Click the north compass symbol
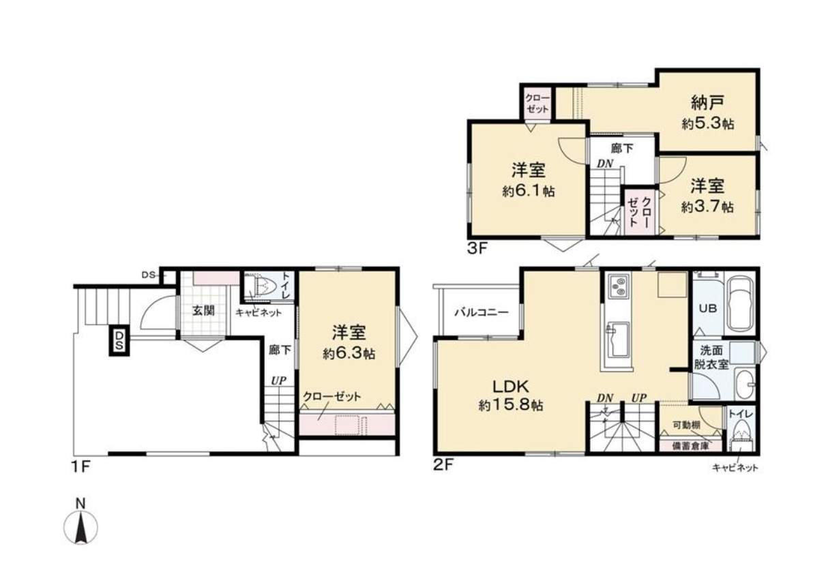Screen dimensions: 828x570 [x=80, y=522]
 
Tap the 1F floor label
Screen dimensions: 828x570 [x=80, y=467]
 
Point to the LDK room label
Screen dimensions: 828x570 [x=511, y=387]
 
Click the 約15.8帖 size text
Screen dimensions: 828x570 [x=511, y=406]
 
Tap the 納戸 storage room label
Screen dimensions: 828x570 [x=707, y=103]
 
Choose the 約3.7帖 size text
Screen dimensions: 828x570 [x=707, y=207]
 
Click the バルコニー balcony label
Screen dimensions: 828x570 [x=482, y=312]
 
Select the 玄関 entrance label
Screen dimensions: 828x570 [x=203, y=311]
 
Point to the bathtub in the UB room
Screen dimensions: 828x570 [x=741, y=305]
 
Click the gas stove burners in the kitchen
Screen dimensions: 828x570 [x=619, y=287]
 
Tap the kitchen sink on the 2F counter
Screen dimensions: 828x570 [x=617, y=339]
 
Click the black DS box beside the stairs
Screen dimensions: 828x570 [x=119, y=340]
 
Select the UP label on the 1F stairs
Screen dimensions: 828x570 [x=278, y=381]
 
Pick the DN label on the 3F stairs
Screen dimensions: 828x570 [x=605, y=164]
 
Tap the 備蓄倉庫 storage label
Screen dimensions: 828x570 [x=690, y=446]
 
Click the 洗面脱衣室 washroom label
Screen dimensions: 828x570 [x=711, y=357]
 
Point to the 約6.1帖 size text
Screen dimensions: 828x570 [x=528, y=192]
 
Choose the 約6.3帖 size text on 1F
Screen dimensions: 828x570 [x=349, y=354]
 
